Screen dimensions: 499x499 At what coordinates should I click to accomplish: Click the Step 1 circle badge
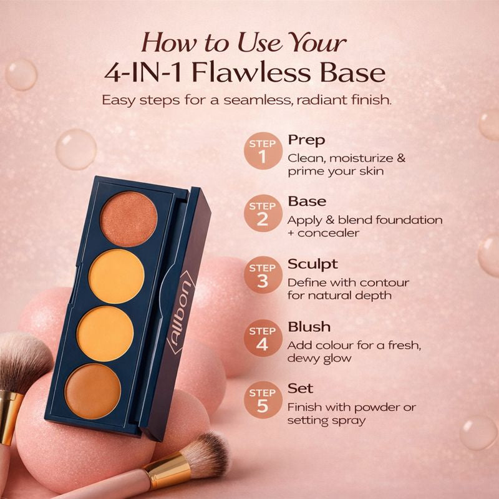coord(263,151)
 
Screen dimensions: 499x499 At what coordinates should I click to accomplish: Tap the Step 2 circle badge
coord(263,213)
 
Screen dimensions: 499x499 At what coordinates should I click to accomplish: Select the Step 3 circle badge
coord(263,275)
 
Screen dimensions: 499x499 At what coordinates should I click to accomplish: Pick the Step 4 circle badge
coord(263,338)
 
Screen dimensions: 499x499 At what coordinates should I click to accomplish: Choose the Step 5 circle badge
coord(263,400)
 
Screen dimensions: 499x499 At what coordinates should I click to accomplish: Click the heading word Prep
coord(306,140)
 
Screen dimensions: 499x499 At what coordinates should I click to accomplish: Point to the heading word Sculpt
coord(312,264)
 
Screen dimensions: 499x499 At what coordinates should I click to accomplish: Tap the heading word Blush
coord(309,327)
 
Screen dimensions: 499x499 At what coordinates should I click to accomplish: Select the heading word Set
coord(301,389)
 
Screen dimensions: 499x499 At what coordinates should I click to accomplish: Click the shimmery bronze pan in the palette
coord(128,219)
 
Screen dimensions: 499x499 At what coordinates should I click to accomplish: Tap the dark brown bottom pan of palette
coord(93,392)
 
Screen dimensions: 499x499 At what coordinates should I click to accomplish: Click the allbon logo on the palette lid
coord(181,312)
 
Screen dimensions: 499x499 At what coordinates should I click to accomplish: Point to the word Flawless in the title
coord(251,73)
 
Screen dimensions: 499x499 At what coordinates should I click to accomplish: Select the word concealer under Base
coord(329,233)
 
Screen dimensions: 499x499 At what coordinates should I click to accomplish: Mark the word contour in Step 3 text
coord(384,283)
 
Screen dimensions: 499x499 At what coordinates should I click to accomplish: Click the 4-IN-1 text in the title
coord(143,74)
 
